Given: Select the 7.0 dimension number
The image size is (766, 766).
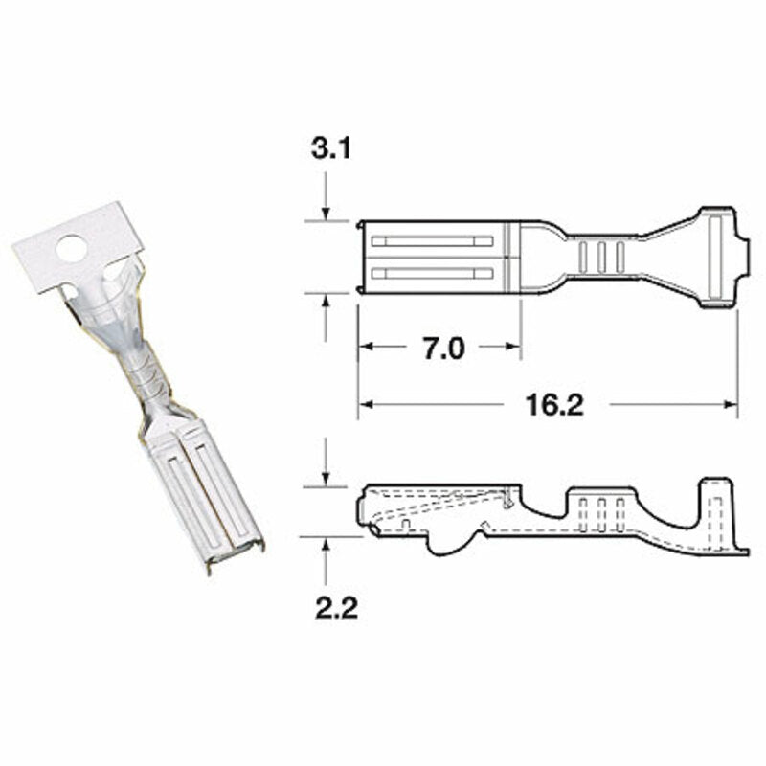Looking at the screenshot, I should tap(442, 349).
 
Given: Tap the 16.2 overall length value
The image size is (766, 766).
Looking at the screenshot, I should tap(554, 405).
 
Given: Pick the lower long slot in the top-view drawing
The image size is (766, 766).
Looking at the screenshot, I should tap(431, 274).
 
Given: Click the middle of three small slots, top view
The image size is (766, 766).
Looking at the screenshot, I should tap(601, 256).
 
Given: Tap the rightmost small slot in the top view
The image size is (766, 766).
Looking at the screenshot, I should tap(620, 256).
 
